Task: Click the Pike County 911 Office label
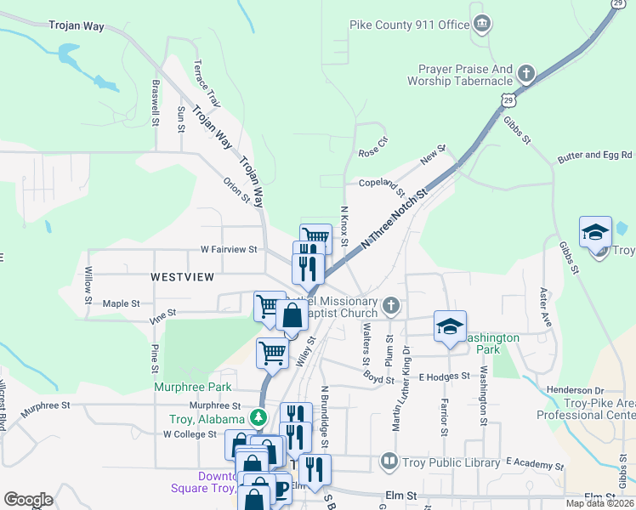410,25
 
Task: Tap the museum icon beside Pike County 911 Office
482,22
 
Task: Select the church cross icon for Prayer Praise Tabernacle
526,74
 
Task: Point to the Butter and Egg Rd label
596,156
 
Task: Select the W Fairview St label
229,250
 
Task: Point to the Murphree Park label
181,387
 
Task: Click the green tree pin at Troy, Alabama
258,418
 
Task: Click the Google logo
28,500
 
